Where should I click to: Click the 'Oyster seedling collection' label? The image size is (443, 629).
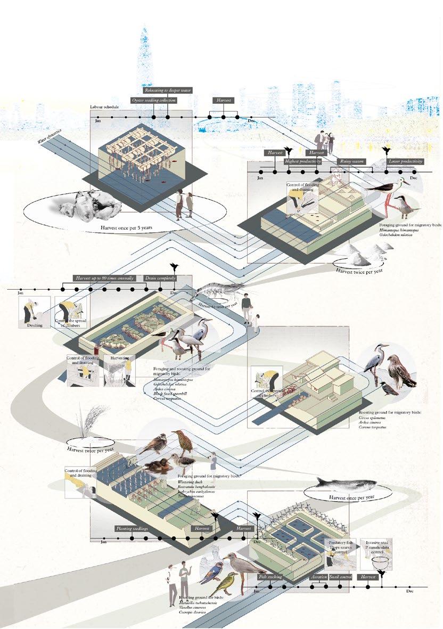point(153,100)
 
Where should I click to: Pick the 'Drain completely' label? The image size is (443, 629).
point(160,278)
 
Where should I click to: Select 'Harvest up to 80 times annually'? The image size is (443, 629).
point(107,278)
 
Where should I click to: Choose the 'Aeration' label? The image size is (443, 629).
point(319,577)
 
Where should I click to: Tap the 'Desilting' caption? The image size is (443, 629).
point(35,324)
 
